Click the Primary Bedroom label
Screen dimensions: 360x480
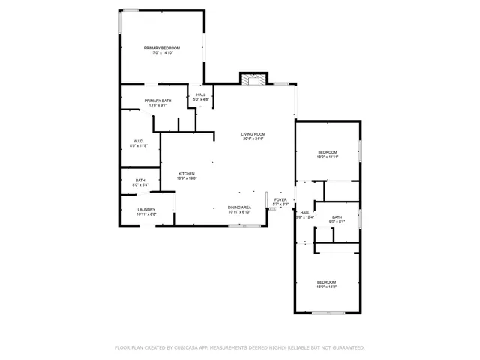point(163,48)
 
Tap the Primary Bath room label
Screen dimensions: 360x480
point(157,100)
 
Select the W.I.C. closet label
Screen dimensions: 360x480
point(139,141)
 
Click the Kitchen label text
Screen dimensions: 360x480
point(186,174)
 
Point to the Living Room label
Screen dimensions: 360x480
point(253,134)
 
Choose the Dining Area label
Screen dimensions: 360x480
point(239,207)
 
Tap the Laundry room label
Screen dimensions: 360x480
point(146,210)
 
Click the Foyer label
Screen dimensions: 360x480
point(280,200)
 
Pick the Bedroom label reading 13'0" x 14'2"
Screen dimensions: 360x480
point(326,281)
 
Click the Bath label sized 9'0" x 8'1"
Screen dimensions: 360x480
point(337,217)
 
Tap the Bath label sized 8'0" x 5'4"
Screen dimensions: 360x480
point(140,180)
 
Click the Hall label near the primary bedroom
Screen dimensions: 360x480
point(201,94)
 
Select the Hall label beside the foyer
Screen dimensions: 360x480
point(304,213)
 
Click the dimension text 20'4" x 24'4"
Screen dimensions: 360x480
point(253,139)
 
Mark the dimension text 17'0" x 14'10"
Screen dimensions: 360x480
point(163,53)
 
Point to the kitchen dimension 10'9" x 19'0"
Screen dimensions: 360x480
point(186,178)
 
